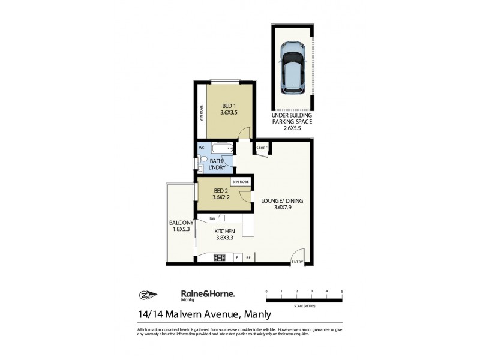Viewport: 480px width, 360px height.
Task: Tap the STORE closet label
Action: coord(262,148)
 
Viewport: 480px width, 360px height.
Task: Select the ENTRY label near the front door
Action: coord(297,262)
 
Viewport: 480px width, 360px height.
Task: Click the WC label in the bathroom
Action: coord(202,146)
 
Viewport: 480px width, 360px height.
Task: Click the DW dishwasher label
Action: coord(212,218)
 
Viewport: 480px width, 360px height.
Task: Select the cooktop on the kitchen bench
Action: coord(220,258)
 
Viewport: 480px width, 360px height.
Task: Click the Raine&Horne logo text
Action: coord(208,294)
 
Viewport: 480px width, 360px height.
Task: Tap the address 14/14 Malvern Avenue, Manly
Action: coord(205,313)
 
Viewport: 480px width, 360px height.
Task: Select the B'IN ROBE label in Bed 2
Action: coord(240,182)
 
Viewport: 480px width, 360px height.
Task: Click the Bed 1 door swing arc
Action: coord(244,134)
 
